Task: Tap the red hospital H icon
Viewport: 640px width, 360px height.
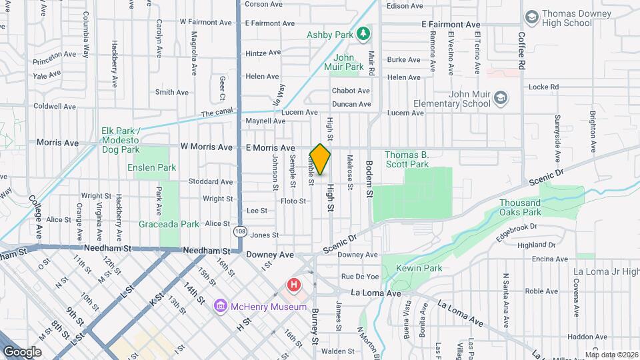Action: pyautogui.click(x=293, y=286)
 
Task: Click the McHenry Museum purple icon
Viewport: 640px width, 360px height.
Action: pyautogui.click(x=220, y=307)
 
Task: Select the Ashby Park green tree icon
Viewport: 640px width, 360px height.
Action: pyautogui.click(x=363, y=33)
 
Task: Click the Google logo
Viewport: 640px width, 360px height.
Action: pyautogui.click(x=23, y=351)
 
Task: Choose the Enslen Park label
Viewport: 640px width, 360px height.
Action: pyautogui.click(x=151, y=167)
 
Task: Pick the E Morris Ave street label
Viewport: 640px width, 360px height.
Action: pyautogui.click(x=270, y=147)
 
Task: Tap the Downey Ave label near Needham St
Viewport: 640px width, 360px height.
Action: pyautogui.click(x=270, y=255)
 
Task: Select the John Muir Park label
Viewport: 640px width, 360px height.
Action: pyautogui.click(x=344, y=62)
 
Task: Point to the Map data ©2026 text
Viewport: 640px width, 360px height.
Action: pyautogui.click(x=611, y=355)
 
